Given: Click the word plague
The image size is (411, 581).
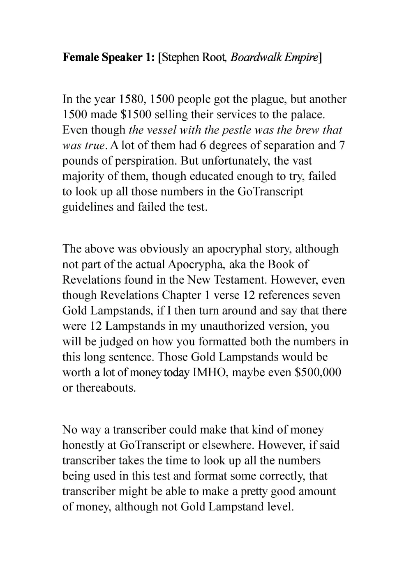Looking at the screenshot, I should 266,99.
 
